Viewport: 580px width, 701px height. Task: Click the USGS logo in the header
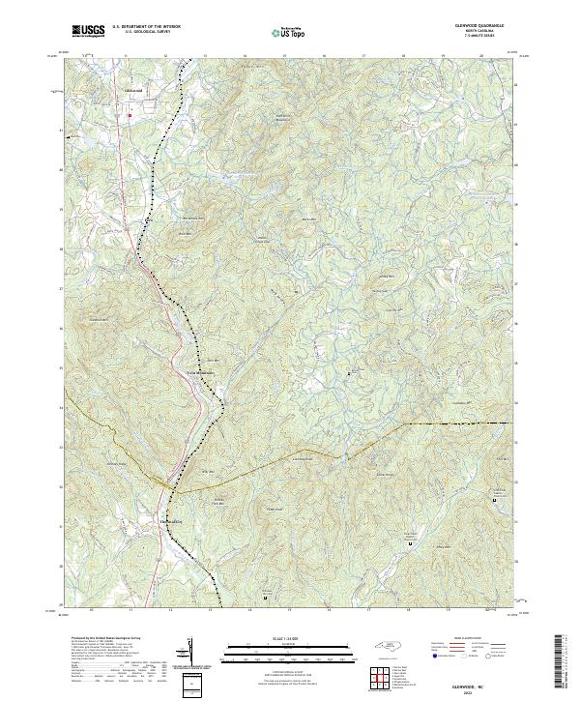(88, 31)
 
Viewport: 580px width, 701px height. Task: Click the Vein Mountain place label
(198, 372)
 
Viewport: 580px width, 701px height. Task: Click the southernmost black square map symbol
(266, 597)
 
